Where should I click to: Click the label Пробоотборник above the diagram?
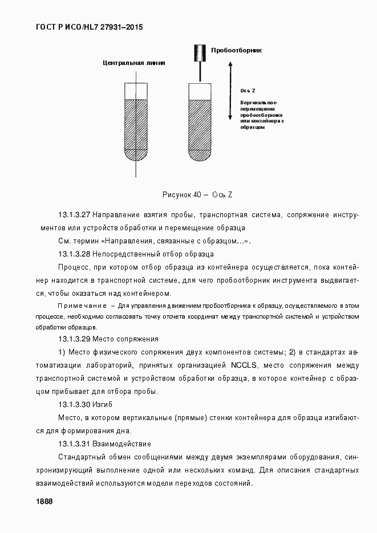pyautogui.click(x=236, y=50)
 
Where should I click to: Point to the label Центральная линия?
pyautogui.click(x=133, y=63)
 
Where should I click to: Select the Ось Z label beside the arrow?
pyautogui.click(x=248, y=91)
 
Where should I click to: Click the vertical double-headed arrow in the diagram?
pyautogui.click(x=229, y=91)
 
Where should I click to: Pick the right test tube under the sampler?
pyautogui.click(x=200, y=122)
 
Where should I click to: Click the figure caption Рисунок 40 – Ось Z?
pyautogui.click(x=197, y=195)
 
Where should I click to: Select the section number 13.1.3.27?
pyautogui.click(x=74, y=215)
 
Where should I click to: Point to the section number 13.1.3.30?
pyautogui.click(x=74, y=404)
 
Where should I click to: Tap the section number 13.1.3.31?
pyautogui.click(x=74, y=444)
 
